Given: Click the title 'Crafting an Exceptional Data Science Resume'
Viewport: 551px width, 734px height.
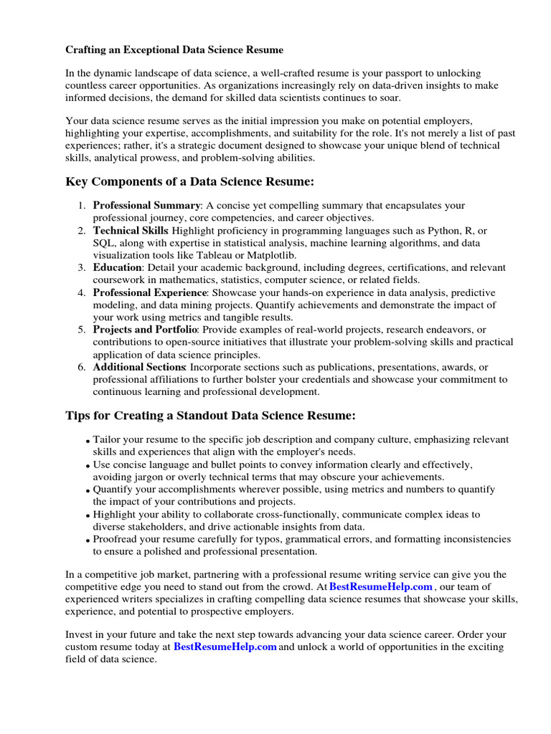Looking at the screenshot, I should click(x=174, y=50).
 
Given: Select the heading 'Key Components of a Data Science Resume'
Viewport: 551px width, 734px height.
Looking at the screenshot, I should click(x=190, y=181).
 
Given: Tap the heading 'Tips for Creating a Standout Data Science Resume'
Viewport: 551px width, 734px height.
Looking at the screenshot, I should click(x=210, y=416).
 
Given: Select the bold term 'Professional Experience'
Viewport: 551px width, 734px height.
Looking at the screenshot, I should click(x=149, y=292).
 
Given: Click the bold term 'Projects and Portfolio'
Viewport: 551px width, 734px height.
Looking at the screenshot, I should click(x=144, y=330).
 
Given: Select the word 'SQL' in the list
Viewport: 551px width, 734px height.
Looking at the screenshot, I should click(x=103, y=243).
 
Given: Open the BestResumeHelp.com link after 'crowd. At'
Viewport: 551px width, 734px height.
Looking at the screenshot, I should click(x=381, y=586).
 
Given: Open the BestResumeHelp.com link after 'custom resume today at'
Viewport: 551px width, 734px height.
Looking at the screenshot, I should click(x=225, y=647).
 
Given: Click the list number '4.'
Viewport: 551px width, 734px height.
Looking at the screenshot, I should click(x=82, y=292).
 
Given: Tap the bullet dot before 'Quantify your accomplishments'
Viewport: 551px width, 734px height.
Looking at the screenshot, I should click(x=88, y=491).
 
